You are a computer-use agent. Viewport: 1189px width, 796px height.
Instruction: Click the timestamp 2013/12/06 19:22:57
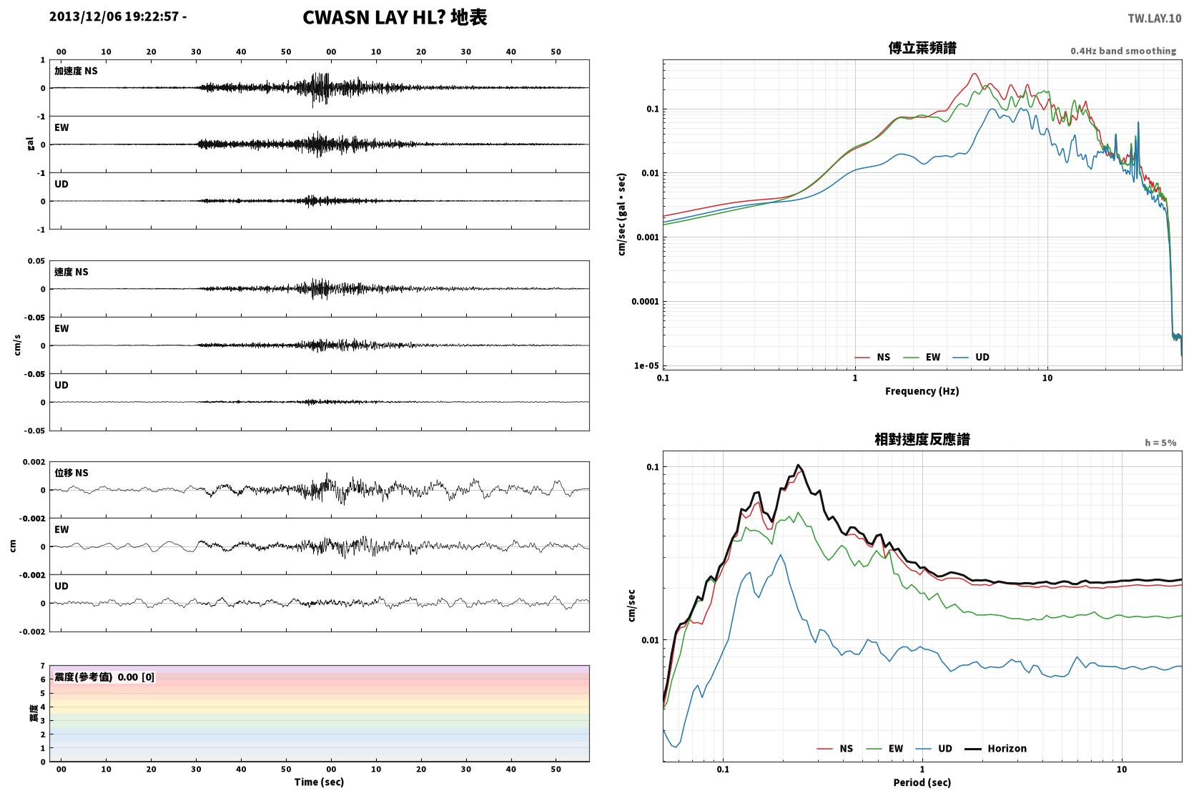tap(114, 16)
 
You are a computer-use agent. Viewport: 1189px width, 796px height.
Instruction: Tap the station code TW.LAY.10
tap(1155, 19)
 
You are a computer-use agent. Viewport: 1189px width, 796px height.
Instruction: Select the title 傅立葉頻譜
tap(922, 48)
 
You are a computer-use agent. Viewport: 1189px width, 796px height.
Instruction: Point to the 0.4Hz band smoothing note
tap(1123, 51)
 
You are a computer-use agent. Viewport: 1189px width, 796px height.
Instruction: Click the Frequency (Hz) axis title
tap(922, 391)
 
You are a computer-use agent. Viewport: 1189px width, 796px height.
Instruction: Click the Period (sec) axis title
tap(922, 782)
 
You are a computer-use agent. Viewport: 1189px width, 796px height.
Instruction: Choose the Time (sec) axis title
tap(319, 782)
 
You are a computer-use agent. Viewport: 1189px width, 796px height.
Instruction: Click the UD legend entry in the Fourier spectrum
tap(971, 357)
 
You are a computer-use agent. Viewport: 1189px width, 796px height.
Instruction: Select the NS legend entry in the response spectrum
tap(835, 748)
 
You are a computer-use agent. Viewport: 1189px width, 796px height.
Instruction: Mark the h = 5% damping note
tap(1160, 442)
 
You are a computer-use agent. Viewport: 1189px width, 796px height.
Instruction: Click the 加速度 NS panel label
tap(76, 71)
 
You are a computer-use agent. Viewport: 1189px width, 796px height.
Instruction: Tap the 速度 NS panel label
tap(71, 272)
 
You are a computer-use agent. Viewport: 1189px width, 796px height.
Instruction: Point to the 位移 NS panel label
tap(71, 473)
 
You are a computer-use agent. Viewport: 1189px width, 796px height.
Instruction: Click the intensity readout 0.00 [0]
tap(136, 677)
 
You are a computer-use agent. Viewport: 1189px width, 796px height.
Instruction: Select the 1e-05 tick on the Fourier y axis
tap(646, 365)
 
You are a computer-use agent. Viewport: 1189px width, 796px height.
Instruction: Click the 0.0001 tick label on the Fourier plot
tap(645, 302)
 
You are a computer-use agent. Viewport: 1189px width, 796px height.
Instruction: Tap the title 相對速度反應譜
tap(922, 439)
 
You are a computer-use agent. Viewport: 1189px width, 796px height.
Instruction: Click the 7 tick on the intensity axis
tap(43, 666)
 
